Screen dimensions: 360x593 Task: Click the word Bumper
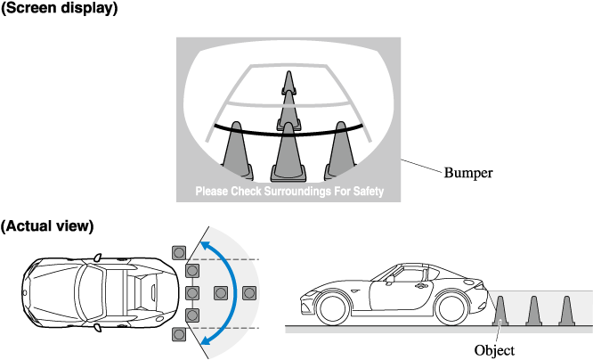tap(468, 171)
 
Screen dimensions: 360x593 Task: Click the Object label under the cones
tap(494, 350)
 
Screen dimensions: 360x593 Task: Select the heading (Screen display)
tap(59, 8)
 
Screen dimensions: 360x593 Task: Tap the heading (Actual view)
tap(47, 225)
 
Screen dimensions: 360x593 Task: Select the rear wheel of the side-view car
tap(452, 308)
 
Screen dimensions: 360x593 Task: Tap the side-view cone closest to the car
tap(502, 309)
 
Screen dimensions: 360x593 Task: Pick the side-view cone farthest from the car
tap(565, 309)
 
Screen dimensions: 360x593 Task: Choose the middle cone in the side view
tap(533, 309)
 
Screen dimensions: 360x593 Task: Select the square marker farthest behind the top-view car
tap(248, 292)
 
